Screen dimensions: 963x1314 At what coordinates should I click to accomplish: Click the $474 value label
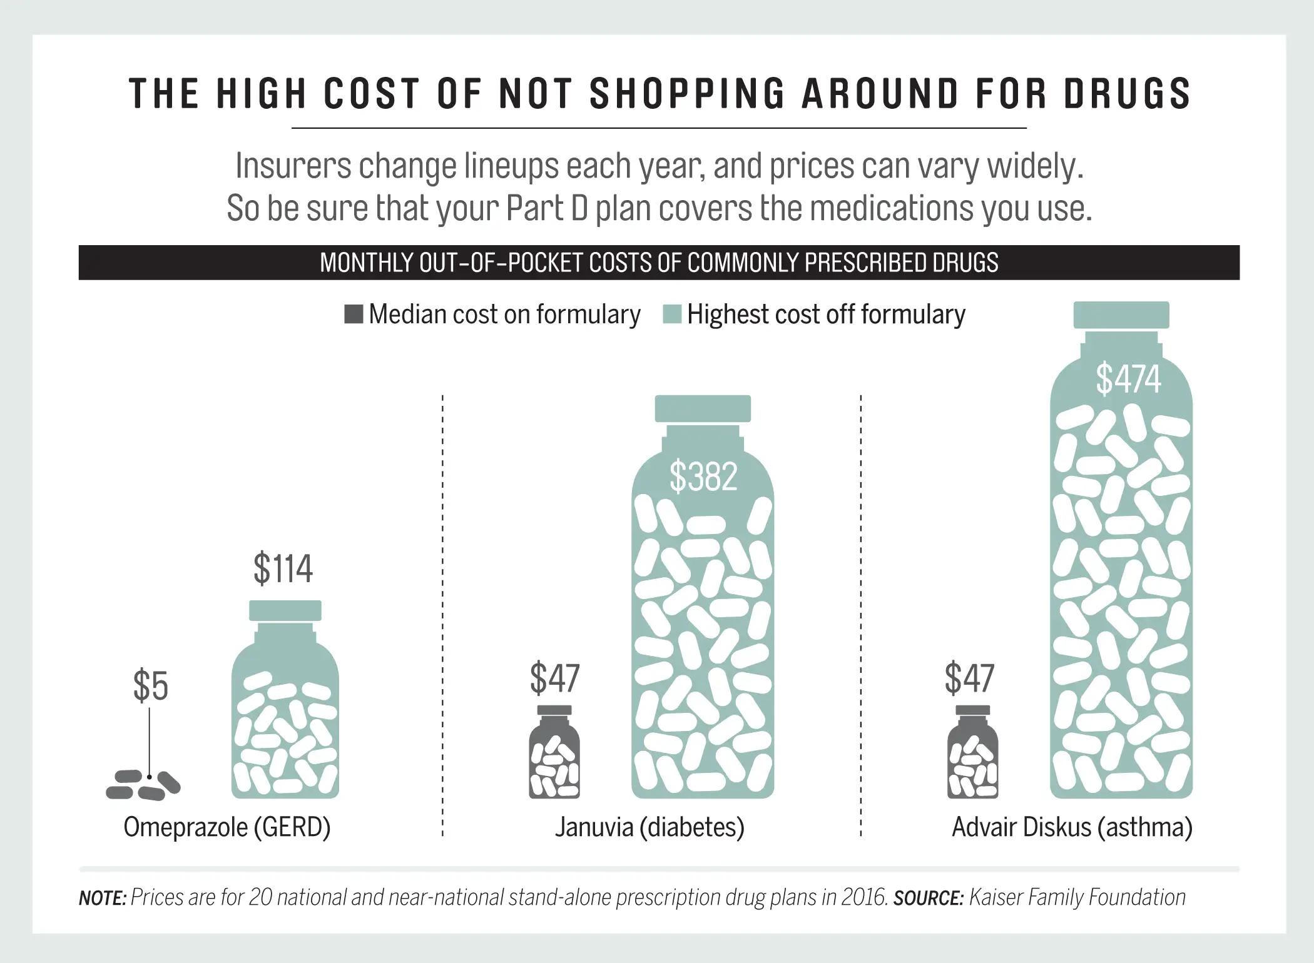pyautogui.click(x=1128, y=379)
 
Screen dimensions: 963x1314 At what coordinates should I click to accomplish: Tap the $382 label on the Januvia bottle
pyautogui.click(x=703, y=476)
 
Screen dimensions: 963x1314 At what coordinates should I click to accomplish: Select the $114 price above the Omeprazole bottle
pyautogui.click(x=283, y=568)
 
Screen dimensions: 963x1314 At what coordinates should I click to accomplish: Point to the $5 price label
pyautogui.click(x=150, y=686)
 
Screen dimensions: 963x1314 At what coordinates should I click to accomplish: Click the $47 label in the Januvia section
pyautogui.click(x=554, y=678)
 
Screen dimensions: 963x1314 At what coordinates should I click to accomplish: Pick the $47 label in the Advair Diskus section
pyautogui.click(x=969, y=678)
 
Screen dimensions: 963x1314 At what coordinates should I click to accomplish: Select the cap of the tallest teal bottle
pyautogui.click(x=1121, y=315)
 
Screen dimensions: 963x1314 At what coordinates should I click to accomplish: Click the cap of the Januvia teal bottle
pyautogui.click(x=703, y=408)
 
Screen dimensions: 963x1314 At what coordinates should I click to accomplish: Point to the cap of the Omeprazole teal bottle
pyautogui.click(x=285, y=610)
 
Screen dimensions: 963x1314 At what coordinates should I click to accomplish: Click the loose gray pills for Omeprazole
pyautogui.click(x=143, y=785)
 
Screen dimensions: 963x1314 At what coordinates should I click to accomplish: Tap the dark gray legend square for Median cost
pyautogui.click(x=354, y=314)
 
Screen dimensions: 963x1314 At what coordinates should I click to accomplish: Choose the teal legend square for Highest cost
pyautogui.click(x=671, y=314)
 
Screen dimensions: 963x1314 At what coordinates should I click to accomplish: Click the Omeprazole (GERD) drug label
pyautogui.click(x=227, y=827)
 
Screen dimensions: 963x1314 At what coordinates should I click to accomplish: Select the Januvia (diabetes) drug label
pyautogui.click(x=649, y=827)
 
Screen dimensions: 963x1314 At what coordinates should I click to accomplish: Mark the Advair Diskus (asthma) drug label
pyautogui.click(x=1072, y=827)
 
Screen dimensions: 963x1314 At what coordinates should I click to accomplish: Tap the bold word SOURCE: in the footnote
pyautogui.click(x=928, y=899)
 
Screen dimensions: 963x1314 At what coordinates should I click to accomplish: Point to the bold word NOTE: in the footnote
pyautogui.click(x=103, y=899)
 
